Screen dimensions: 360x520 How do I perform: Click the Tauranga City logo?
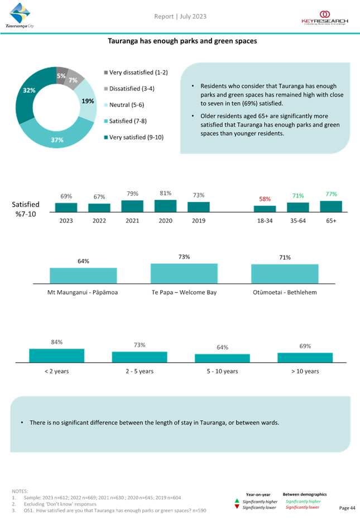coord(20,15)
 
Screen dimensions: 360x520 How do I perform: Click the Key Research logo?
coord(325,18)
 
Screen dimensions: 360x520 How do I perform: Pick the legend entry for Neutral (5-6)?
coord(124,105)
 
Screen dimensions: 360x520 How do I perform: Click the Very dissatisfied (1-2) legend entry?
coord(136,73)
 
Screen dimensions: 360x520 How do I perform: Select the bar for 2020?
coord(165,206)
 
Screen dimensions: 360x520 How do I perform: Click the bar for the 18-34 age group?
coord(265,209)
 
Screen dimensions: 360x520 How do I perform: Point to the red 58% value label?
coord(265,199)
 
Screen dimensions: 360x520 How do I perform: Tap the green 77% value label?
coord(331,194)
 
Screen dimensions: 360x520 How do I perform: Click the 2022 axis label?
coord(99,220)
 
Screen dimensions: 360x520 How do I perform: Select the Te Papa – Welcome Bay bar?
coord(184,273)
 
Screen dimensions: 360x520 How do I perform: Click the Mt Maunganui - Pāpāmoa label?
coord(83,292)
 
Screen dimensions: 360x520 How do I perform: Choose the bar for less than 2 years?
coord(57,355)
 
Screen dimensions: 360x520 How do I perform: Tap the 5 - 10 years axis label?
coord(222,371)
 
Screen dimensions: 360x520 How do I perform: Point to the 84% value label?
coord(57,342)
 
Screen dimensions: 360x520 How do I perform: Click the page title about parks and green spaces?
coord(183,41)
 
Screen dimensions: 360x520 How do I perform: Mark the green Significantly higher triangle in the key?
coord(237,501)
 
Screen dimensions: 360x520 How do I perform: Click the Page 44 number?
coord(347,508)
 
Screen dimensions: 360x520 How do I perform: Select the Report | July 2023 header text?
coord(180,16)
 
